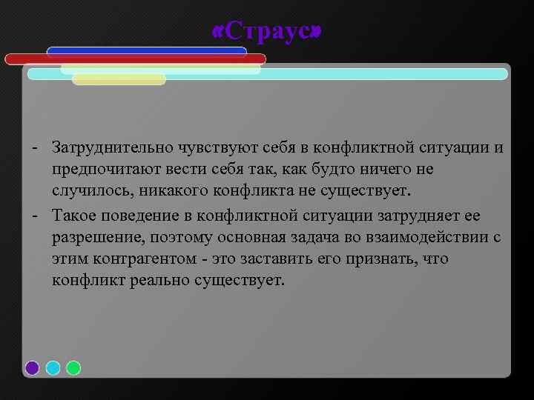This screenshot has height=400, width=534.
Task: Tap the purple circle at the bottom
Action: pos(32,367)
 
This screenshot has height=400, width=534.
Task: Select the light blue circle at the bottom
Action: pos(53,367)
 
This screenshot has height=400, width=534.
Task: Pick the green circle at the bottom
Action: pos(73,367)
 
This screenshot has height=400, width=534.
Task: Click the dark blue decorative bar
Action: pos(146,51)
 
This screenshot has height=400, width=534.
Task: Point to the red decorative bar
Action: pos(135,59)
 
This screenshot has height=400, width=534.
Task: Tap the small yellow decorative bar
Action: pos(119,79)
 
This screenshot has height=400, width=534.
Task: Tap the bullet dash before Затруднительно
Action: pos(36,147)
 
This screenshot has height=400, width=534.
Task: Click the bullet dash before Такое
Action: pos(36,215)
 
